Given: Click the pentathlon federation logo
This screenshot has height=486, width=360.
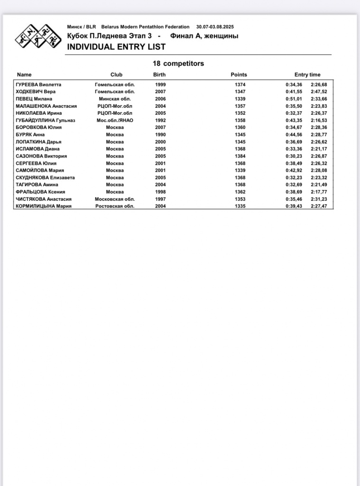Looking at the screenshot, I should (x=37, y=37).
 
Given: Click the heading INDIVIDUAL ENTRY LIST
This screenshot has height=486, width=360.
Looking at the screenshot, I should (x=116, y=47).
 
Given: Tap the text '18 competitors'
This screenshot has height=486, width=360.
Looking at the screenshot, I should (x=178, y=64).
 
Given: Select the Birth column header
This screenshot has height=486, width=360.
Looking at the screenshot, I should (x=159, y=75).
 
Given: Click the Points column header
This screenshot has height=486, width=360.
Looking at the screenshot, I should (x=239, y=75).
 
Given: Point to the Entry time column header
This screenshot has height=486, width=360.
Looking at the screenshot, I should (x=307, y=75).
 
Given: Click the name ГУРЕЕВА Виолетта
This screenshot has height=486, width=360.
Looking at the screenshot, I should (x=38, y=84).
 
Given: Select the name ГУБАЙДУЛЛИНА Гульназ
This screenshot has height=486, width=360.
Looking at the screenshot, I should (x=46, y=121).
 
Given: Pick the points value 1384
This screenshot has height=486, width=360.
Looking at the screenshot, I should (x=240, y=156).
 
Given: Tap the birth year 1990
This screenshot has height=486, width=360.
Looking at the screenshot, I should (x=160, y=135).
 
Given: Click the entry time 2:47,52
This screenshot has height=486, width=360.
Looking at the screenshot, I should (x=319, y=92).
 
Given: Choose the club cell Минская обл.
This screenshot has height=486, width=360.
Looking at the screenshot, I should (x=115, y=99).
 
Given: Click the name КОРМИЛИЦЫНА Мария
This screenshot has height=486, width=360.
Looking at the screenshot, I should (x=44, y=206).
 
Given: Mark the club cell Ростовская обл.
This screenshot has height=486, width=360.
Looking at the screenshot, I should (x=115, y=206).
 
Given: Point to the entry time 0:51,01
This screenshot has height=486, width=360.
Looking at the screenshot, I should (x=294, y=99).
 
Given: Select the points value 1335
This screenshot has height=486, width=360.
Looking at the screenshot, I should (x=240, y=206).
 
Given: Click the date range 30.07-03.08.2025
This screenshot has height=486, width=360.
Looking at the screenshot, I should (x=215, y=27).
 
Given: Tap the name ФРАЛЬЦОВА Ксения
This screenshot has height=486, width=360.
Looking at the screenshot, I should (x=40, y=192).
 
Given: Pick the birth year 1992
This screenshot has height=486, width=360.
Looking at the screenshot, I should (x=160, y=121).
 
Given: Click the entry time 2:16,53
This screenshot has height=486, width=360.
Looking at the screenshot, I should (x=319, y=121).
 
